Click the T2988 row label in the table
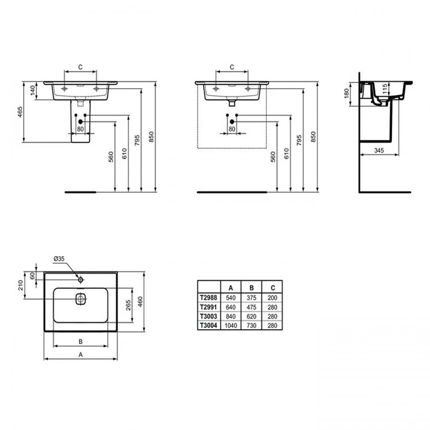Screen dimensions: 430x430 (x=208, y=297)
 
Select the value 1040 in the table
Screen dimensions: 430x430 (x=231, y=326)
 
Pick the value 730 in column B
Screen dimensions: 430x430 (x=251, y=326)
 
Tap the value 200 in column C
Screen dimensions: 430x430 (x=272, y=298)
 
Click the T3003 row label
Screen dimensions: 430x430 (x=208, y=316)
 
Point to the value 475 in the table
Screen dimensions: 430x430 (x=251, y=307)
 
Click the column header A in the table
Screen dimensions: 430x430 (x=231, y=288)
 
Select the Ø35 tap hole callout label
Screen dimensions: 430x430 (x=59, y=258)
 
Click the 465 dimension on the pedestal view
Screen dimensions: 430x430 (x=20, y=112)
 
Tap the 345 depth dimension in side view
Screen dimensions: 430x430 (x=379, y=150)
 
